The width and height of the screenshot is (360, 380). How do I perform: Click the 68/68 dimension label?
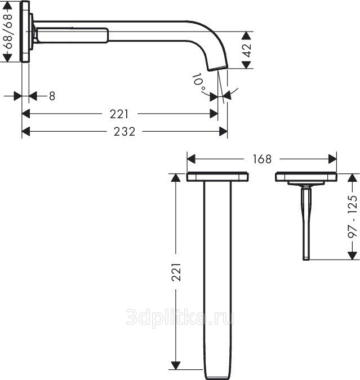[x=9, y=32]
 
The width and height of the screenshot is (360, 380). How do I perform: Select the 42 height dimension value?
[x=247, y=50]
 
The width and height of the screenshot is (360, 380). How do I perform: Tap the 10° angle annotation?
[x=199, y=82]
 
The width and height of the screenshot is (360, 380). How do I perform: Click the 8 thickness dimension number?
[x=52, y=96]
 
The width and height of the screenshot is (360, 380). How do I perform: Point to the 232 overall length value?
[x=124, y=132]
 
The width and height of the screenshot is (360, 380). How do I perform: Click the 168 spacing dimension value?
[x=262, y=159]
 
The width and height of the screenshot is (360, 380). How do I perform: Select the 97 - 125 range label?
[x=353, y=216]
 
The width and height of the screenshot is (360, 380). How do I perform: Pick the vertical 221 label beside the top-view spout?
[x=176, y=272]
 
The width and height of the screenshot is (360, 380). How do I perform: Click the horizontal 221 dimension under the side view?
[x=119, y=114]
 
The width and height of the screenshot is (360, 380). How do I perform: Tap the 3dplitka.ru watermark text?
[x=180, y=317]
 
